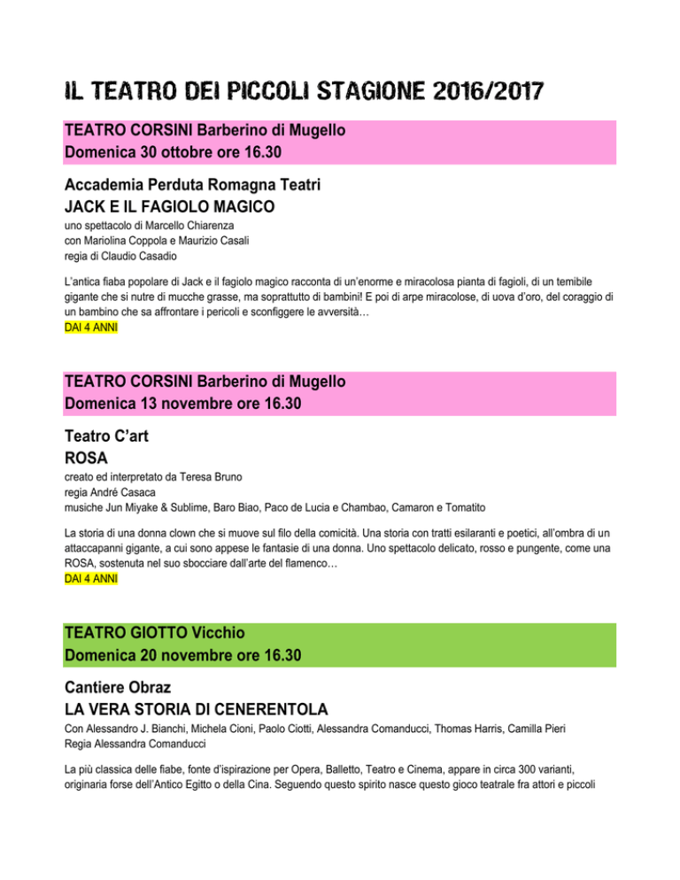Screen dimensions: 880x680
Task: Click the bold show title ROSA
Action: point(87,461)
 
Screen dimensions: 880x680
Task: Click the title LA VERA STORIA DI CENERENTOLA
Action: point(197,712)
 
